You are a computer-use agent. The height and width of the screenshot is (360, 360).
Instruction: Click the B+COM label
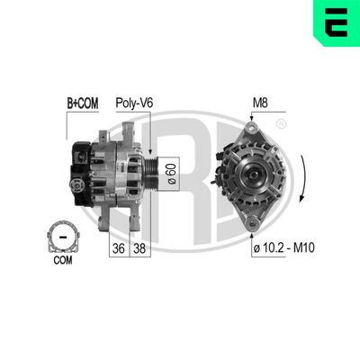tap(82, 103)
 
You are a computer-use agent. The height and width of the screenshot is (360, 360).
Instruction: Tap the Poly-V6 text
tap(134, 103)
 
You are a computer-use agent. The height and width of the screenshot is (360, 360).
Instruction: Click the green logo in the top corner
tap(339, 22)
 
